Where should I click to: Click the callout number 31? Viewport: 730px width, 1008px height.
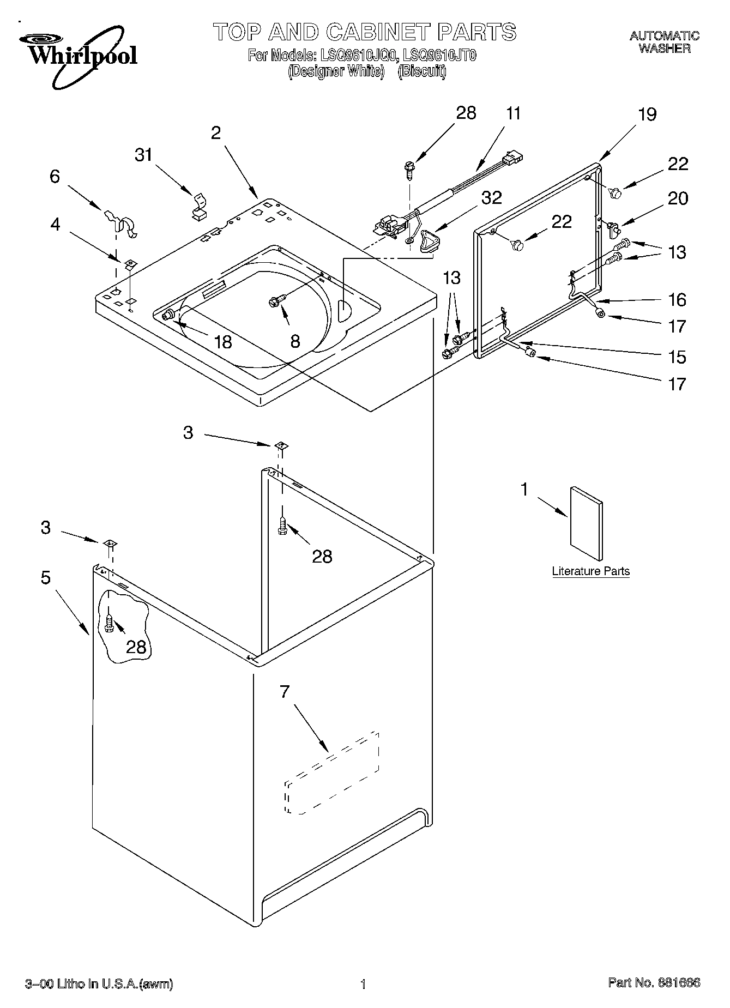[x=143, y=155]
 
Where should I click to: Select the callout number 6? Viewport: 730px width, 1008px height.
[x=55, y=177]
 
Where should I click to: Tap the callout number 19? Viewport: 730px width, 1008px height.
[x=647, y=114]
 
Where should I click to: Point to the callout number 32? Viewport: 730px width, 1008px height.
[x=491, y=197]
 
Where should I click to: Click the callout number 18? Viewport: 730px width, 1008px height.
[x=224, y=342]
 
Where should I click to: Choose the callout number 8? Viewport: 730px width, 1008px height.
[x=295, y=341]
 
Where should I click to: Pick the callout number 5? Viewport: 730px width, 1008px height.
[x=46, y=577]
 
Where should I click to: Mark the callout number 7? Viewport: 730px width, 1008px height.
[x=284, y=692]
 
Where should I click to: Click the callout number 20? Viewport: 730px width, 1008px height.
[x=678, y=198]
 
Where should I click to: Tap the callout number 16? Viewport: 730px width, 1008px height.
[x=678, y=300]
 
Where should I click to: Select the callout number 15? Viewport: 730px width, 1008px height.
[x=678, y=357]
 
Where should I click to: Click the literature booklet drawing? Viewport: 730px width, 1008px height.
[x=587, y=523]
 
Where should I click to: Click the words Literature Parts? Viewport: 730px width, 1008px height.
[x=591, y=571]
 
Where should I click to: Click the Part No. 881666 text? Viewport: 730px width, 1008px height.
[x=654, y=983]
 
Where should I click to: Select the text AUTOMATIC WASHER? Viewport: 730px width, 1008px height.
[x=665, y=42]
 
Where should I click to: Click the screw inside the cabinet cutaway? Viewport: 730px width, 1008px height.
[x=109, y=623]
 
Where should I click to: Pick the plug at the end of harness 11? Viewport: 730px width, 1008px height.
[x=512, y=158]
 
